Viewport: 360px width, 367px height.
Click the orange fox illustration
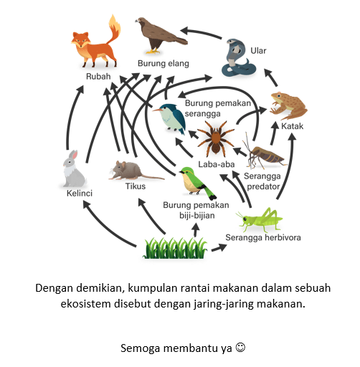[x=95, y=45]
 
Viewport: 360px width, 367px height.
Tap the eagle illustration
[x=161, y=35]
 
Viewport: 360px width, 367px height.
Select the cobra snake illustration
[x=237, y=58]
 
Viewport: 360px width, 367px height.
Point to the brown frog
[x=288, y=105]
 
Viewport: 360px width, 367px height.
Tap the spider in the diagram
[x=216, y=138]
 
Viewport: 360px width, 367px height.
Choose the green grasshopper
[x=260, y=220]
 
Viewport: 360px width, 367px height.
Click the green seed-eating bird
[x=196, y=183]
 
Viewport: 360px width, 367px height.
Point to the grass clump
[x=175, y=248]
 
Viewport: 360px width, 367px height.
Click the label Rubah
[x=98, y=77]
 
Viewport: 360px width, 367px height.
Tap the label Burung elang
[x=164, y=64]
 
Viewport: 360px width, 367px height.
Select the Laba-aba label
[x=217, y=164]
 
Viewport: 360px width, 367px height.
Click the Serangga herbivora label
[x=263, y=237]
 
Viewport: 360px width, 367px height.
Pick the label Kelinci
[x=80, y=193]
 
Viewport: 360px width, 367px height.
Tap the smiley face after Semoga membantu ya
[x=240, y=347]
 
